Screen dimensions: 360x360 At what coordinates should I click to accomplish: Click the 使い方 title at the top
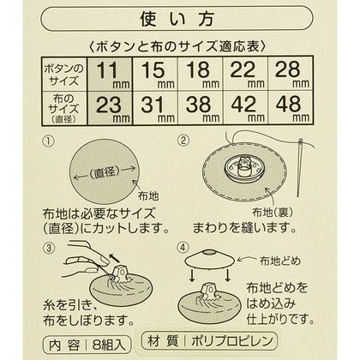[177, 20]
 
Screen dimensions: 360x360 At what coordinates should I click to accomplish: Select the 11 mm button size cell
[110, 74]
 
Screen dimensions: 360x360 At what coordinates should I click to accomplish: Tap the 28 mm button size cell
[291, 74]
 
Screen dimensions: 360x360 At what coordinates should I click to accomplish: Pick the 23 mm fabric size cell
[110, 108]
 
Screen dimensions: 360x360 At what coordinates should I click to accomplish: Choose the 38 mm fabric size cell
[201, 108]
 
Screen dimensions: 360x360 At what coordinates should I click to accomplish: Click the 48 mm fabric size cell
[291, 108]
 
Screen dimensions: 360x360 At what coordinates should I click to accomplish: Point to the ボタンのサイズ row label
[64, 74]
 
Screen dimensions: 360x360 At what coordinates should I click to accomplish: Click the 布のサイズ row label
[64, 109]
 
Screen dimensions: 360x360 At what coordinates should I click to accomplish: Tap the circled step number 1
[49, 141]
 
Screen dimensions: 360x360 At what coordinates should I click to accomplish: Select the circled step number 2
[183, 141]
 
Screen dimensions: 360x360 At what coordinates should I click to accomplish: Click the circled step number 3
[49, 248]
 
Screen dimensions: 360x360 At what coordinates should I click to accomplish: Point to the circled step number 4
[183, 248]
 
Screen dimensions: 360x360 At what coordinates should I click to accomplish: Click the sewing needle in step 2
[299, 168]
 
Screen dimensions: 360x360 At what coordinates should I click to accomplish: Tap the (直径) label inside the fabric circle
[104, 172]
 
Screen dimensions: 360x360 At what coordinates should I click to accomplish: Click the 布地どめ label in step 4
[280, 261]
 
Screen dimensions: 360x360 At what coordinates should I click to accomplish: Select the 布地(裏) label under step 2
[273, 213]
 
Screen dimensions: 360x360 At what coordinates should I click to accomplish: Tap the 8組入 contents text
[109, 345]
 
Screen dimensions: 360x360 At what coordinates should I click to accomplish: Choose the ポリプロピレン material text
[232, 341]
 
